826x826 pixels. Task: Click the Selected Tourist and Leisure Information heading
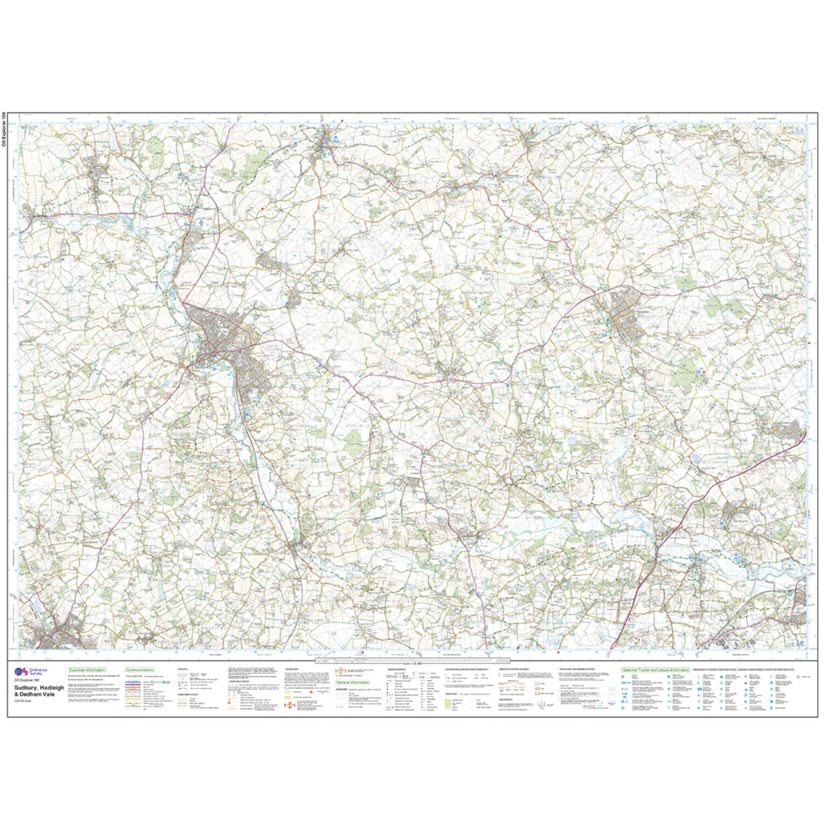point(655,670)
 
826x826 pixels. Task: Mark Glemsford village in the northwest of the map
point(101,173)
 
